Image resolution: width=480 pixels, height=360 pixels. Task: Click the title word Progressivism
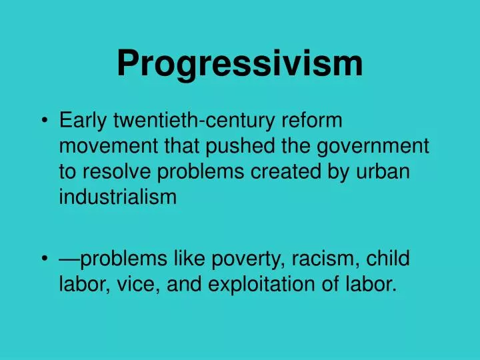point(240,63)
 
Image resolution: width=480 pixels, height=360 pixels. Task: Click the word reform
point(313,121)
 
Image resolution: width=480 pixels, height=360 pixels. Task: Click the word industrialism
point(118,197)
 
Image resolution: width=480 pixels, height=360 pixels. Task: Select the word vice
point(129,285)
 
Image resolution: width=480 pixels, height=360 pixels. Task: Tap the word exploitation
point(269,285)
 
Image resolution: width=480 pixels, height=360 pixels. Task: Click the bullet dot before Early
point(44,121)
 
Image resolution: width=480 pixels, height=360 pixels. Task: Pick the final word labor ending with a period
point(373,285)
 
